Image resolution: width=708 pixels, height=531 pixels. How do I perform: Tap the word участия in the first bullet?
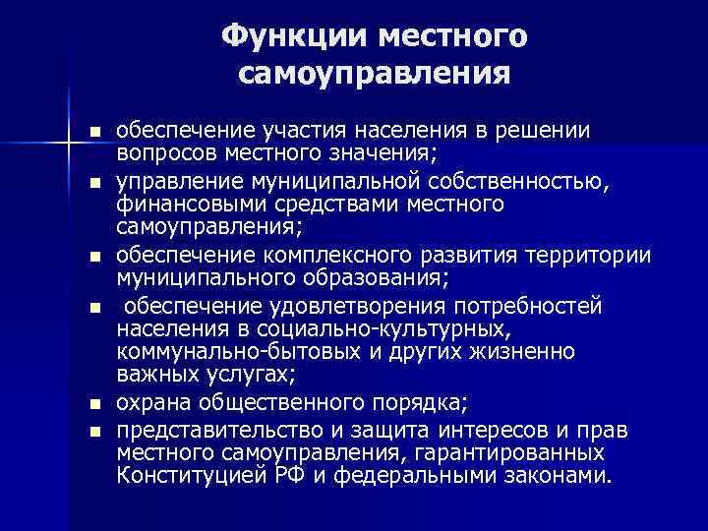pyautogui.click(x=297, y=131)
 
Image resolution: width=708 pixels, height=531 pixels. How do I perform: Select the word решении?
pyautogui.click(x=542, y=131)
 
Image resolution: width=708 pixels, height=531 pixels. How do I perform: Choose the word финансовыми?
pyautogui.click(x=184, y=205)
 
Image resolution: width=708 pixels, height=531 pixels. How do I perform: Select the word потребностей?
pyautogui.click(x=525, y=306)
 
